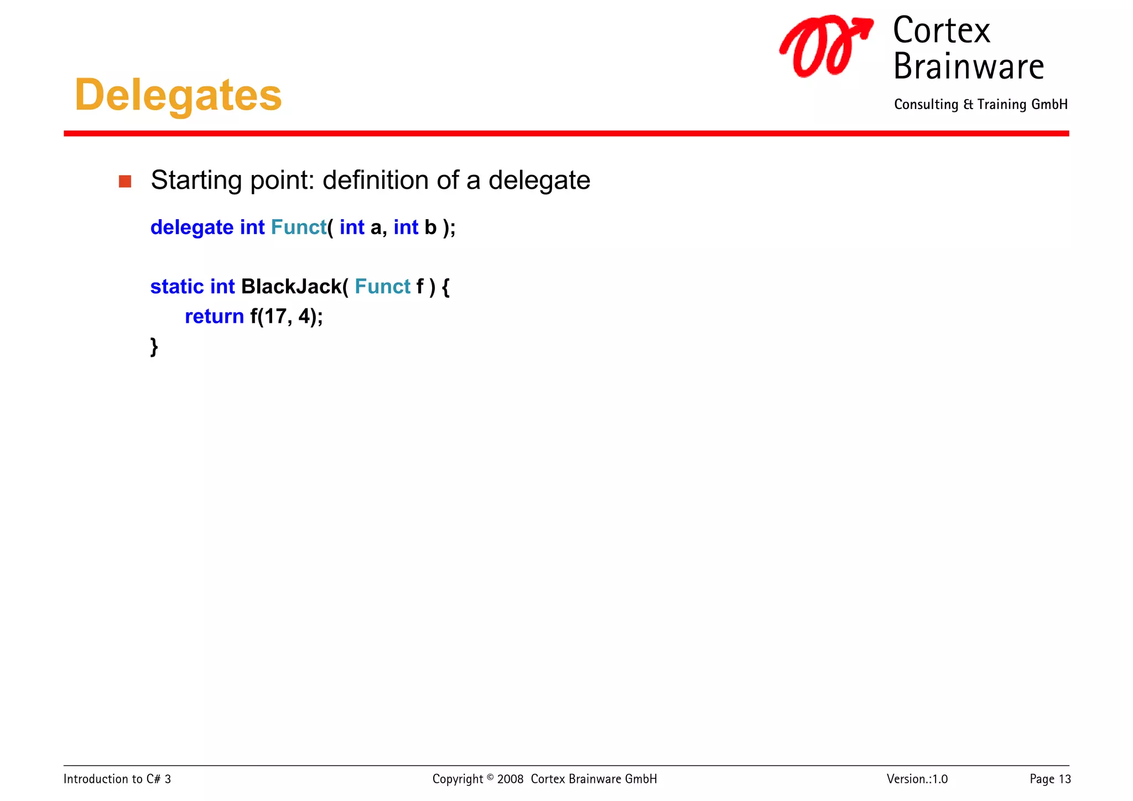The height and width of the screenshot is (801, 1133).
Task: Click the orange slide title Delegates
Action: (x=178, y=95)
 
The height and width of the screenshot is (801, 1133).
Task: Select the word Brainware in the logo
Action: (x=968, y=67)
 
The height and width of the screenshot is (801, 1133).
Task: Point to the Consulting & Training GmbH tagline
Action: (x=980, y=105)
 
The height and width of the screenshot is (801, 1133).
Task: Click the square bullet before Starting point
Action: (x=125, y=182)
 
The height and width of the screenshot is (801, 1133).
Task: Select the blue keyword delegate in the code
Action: (x=191, y=228)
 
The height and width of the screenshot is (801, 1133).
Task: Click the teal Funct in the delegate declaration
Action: (x=298, y=228)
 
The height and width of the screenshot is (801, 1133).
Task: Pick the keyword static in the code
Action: (x=177, y=287)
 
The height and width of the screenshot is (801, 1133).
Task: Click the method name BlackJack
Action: (x=292, y=287)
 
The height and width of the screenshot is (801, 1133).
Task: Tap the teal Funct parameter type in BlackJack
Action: (x=382, y=287)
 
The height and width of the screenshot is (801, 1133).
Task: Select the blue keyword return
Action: (x=214, y=317)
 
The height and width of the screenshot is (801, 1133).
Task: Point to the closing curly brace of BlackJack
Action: (x=154, y=347)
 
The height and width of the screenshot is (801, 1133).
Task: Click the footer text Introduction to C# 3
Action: (x=117, y=779)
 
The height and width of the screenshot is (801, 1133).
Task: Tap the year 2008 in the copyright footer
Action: (x=510, y=779)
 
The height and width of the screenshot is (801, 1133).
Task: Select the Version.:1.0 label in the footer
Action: (x=917, y=779)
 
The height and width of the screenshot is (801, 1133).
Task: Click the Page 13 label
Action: (x=1050, y=779)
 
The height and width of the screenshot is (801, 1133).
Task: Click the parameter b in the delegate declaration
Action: (x=430, y=228)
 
